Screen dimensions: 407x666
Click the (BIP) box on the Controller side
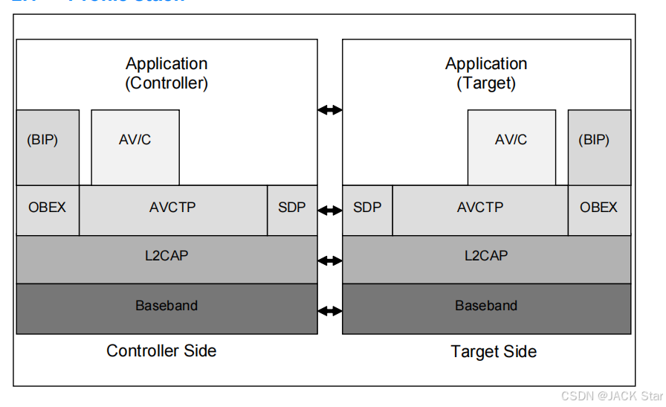pos(48,147)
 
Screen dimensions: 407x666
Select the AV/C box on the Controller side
pos(135,147)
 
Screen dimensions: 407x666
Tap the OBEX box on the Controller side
pos(48,210)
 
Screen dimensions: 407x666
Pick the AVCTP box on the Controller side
pos(172,210)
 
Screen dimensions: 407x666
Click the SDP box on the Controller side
pos(291,210)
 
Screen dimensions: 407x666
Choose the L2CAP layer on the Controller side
pos(166,259)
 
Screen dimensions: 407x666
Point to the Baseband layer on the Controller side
pos(166,308)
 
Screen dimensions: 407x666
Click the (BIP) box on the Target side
pos(599,147)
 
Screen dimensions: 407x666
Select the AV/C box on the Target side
pos(511,147)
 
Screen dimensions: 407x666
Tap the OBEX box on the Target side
pos(599,210)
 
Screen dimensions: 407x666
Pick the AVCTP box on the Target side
pos(480,210)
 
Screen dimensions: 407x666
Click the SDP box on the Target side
pos(367,210)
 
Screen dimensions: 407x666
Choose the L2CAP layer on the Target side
pos(486,259)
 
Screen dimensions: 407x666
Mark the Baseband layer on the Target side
pos(486,308)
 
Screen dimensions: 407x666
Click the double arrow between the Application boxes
pos(330,110)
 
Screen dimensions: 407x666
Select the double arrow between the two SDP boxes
pos(330,211)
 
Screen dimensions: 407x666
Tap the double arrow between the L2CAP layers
pos(330,260)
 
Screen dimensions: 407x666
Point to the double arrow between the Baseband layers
pos(330,310)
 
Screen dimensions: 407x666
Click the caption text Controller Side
pos(161,350)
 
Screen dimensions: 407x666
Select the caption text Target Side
pos(493,351)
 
